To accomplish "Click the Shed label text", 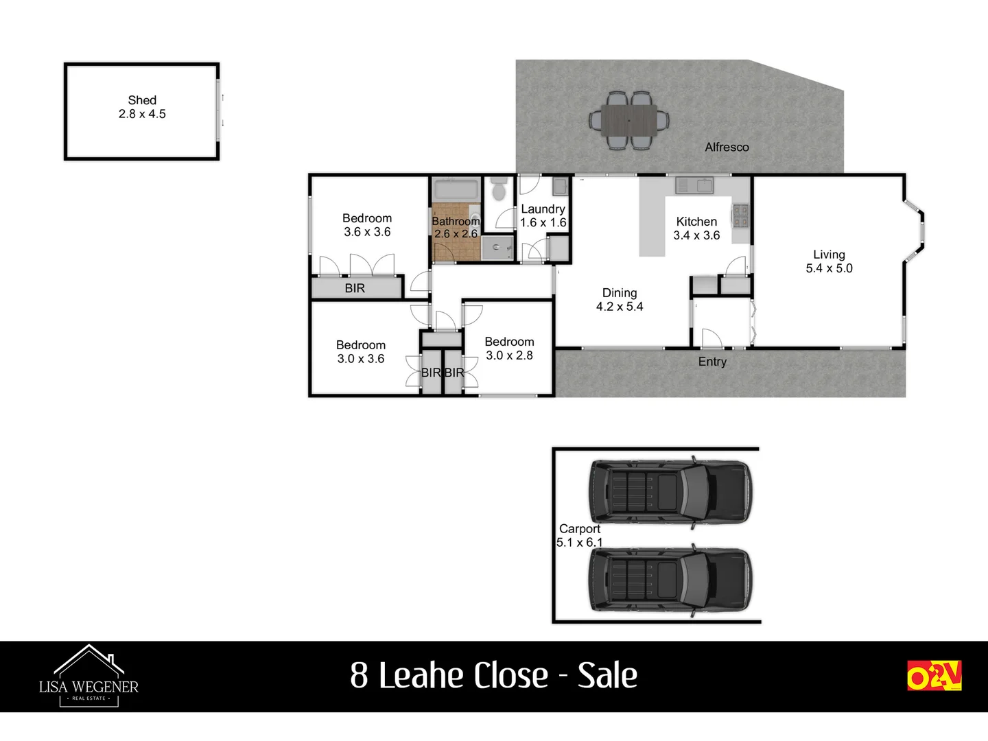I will [142, 101].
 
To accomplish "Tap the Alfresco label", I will [727, 147].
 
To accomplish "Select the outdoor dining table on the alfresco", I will [629, 121].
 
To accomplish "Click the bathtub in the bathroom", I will [456, 189].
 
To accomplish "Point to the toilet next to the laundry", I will [499, 189].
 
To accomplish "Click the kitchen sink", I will [694, 185].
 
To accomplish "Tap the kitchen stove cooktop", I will [740, 215].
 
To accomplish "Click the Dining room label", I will [620, 293].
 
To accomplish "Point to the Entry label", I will [712, 362].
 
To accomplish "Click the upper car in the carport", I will [670, 492].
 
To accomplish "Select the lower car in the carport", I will [670, 580].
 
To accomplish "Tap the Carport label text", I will [580, 529].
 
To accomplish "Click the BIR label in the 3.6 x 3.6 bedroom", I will [355, 288].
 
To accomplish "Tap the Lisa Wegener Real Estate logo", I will [89, 677].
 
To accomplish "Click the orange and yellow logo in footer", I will [934, 676].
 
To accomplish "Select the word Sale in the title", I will [607, 675].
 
